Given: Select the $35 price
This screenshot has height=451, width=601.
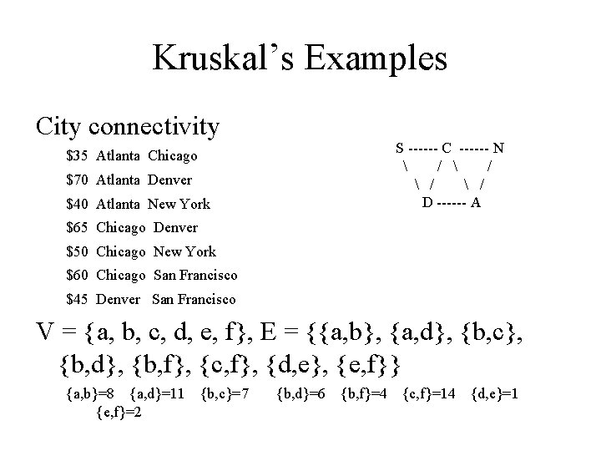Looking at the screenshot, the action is pyautogui.click(x=78, y=156).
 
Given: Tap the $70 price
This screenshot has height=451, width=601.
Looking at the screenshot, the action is pyautogui.click(x=78, y=180).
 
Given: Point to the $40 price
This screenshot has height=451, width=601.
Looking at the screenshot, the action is pyautogui.click(x=78, y=204).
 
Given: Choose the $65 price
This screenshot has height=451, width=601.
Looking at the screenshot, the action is pyautogui.click(x=78, y=227).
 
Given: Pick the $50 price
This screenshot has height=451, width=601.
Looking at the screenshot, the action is pyautogui.click(x=78, y=251).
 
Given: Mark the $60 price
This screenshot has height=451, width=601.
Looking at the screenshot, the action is pyautogui.click(x=78, y=275).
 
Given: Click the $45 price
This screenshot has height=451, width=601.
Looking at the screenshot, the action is pyautogui.click(x=78, y=299).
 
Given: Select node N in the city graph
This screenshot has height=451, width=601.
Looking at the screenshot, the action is pyautogui.click(x=498, y=149).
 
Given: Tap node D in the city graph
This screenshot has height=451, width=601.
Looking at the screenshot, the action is pyautogui.click(x=427, y=203).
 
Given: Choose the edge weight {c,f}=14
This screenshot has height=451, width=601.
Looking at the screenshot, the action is pyautogui.click(x=430, y=393).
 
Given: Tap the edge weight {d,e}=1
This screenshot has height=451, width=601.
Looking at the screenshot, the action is pyautogui.click(x=496, y=393).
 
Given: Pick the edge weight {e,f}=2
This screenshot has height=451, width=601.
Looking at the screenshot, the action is pyautogui.click(x=117, y=411).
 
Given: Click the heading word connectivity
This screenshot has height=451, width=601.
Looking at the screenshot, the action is pyautogui.click(x=154, y=127).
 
